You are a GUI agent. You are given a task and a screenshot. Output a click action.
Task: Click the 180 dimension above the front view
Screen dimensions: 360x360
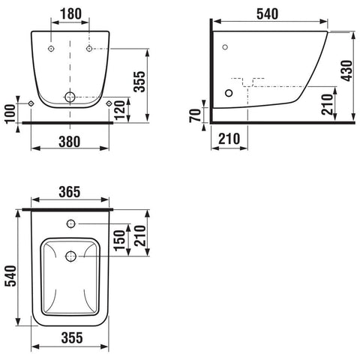[70, 13]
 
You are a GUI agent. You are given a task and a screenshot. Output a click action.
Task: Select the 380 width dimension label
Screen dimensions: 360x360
[70, 142]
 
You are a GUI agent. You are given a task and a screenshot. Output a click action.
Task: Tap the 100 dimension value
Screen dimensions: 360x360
[10, 114]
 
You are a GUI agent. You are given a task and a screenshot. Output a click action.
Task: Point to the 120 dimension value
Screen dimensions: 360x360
[120, 110]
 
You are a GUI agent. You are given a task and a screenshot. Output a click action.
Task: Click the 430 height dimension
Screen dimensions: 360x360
[347, 70]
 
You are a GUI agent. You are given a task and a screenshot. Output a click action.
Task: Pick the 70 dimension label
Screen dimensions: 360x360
[195, 115]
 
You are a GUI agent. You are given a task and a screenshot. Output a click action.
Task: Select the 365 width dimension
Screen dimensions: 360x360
[70, 192]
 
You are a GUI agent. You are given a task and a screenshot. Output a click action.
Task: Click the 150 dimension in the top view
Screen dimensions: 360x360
[119, 240]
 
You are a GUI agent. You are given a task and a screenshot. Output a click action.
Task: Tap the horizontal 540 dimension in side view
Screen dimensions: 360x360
[267, 14]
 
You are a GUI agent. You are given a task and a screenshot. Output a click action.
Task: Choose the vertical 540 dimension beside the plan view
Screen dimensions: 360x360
[11, 276]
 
